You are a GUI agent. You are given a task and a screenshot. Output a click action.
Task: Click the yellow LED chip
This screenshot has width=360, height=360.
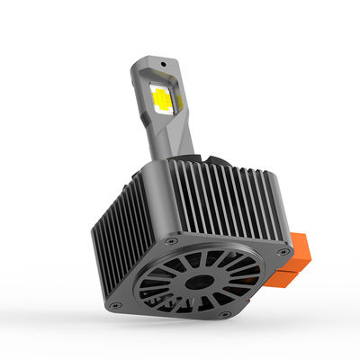pos(163,98)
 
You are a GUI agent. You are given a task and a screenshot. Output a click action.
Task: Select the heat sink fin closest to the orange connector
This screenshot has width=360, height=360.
pos(269,193)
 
